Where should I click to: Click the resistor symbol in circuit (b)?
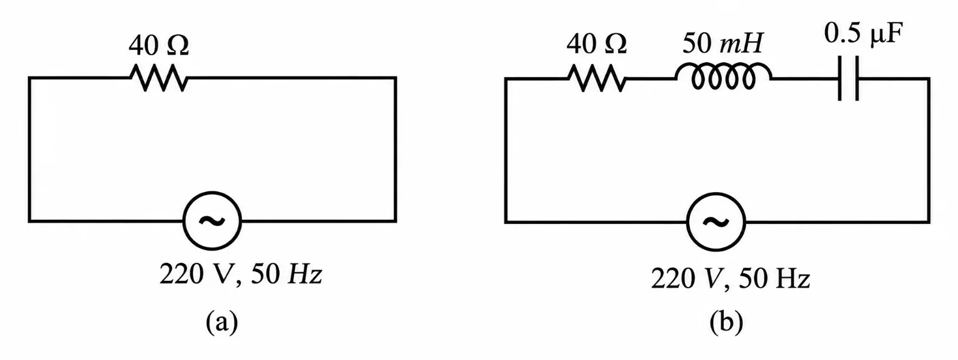coord(597,78)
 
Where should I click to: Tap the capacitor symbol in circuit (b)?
coord(848,78)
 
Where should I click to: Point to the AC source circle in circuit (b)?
coord(716,193)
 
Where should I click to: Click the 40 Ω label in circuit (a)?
coord(159,46)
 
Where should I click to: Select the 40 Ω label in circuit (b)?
coord(596,44)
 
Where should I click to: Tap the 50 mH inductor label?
coord(722,43)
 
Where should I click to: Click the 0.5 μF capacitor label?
coord(863,34)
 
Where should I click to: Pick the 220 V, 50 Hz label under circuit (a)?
coord(241,274)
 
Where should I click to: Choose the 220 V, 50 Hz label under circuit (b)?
coord(730,279)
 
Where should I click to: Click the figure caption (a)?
coord(222,323)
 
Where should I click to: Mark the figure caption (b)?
coord(726,323)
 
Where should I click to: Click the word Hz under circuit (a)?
coord(305,274)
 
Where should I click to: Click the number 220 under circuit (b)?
coord(672,279)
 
